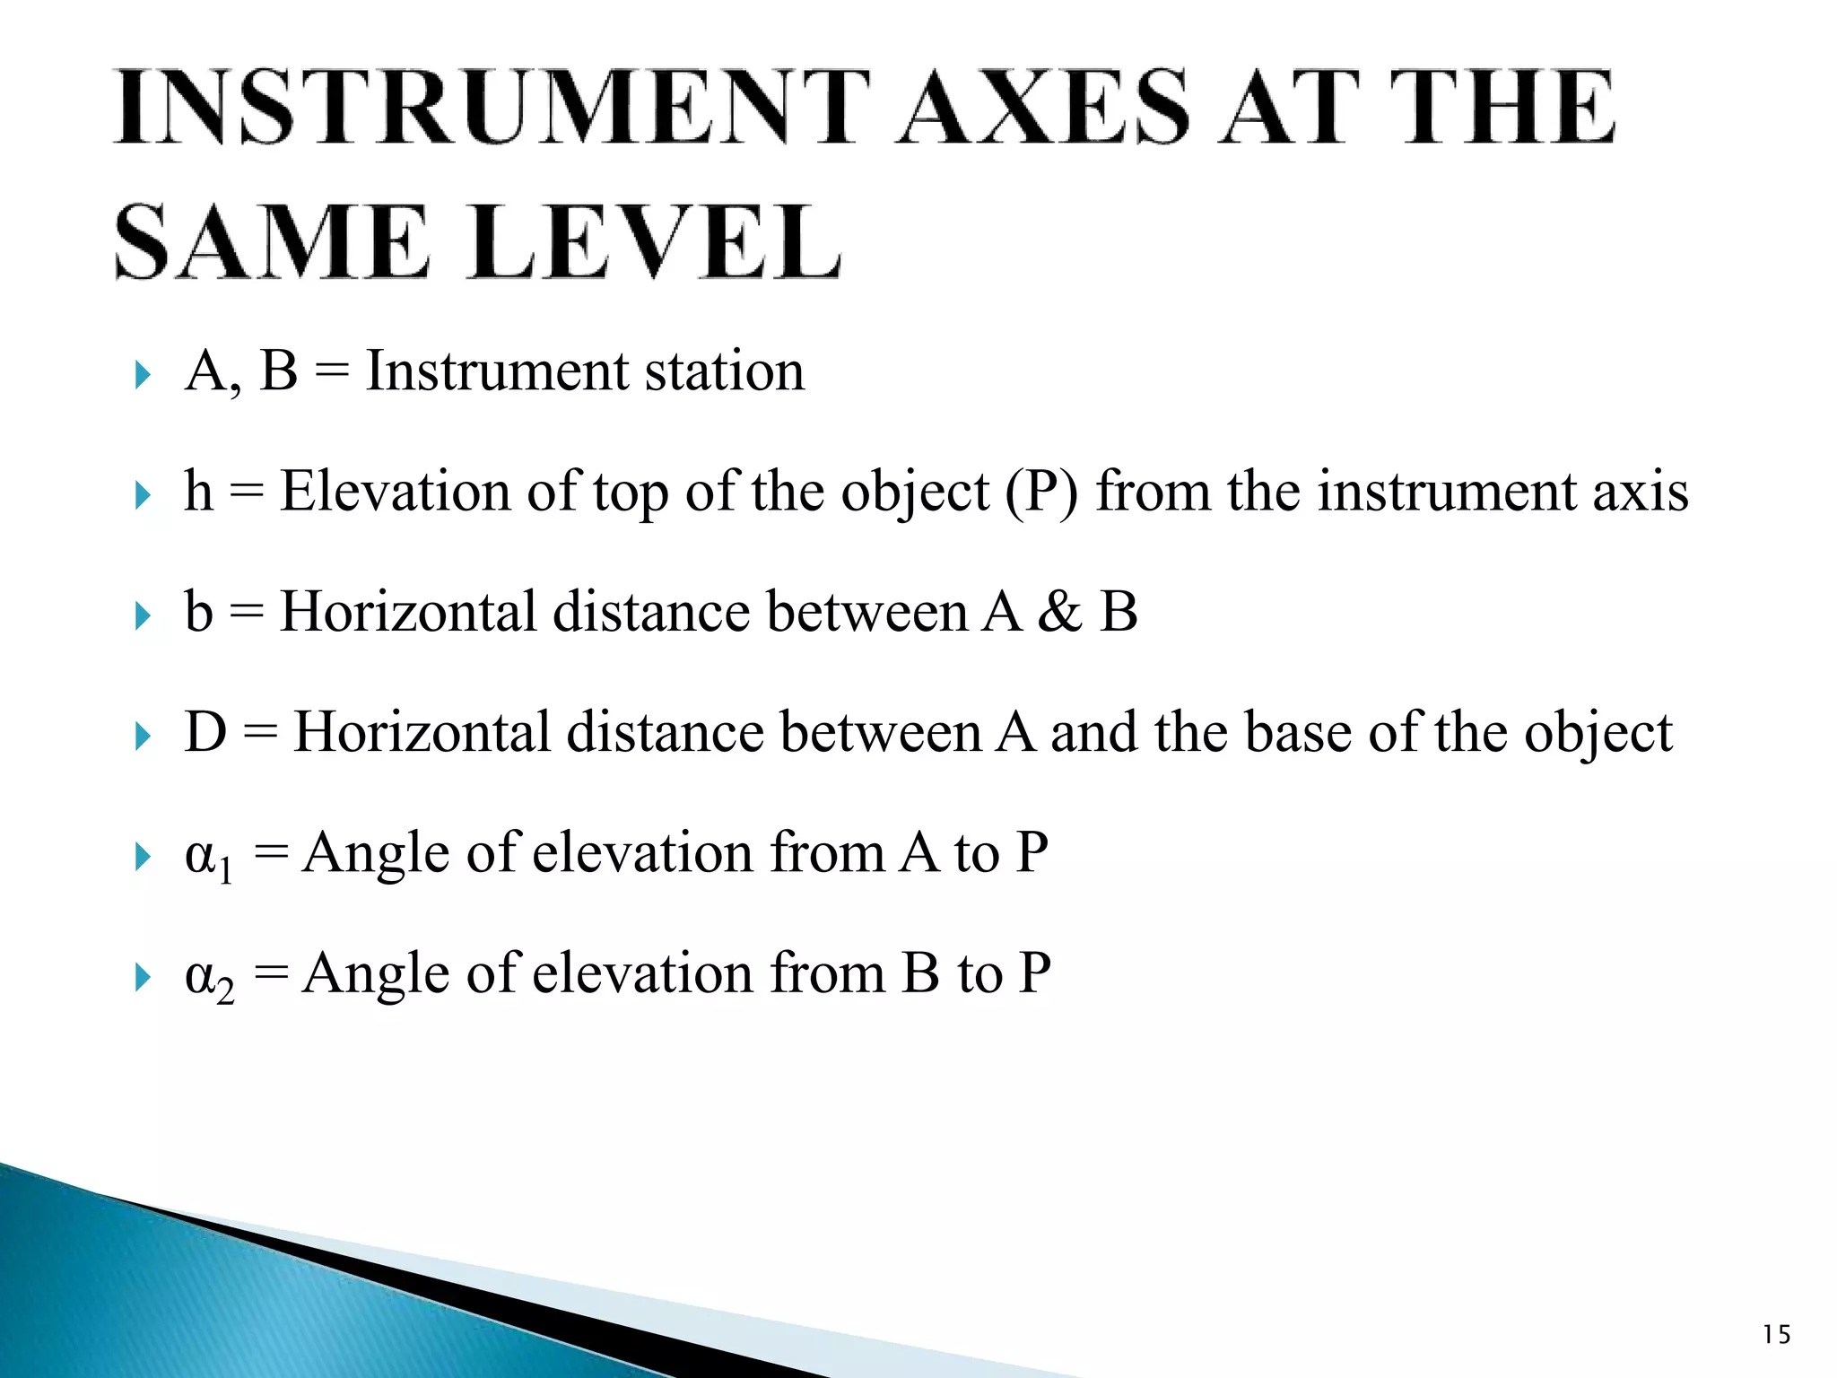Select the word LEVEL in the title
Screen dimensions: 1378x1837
click(656, 243)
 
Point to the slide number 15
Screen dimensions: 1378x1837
click(1776, 1335)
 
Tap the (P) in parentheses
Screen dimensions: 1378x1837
click(1041, 493)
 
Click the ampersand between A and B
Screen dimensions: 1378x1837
click(1061, 613)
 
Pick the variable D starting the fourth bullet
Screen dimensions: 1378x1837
click(205, 732)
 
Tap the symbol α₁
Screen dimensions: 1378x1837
click(208, 857)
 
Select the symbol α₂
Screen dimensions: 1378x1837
click(209, 978)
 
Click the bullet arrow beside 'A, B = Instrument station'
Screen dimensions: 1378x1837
click(143, 375)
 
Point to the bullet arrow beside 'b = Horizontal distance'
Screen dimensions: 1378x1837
click(143, 615)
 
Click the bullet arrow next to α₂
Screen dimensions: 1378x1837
click(143, 977)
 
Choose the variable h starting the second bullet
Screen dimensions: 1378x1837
click(199, 493)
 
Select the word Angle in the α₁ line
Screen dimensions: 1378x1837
click(376, 854)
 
